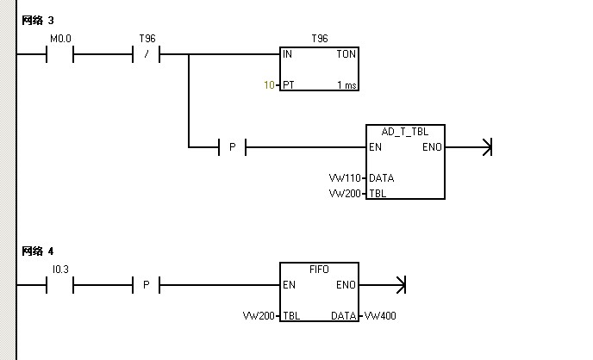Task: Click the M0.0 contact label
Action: click(60, 39)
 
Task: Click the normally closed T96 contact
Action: click(147, 55)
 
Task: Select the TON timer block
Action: click(319, 69)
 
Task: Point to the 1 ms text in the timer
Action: click(346, 85)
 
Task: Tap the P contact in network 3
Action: click(232, 148)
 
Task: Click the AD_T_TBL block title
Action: click(405, 131)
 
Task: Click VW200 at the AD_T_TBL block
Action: click(346, 194)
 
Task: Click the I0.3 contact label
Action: click(60, 270)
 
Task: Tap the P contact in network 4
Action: click(146, 285)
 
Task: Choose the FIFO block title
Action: click(319, 269)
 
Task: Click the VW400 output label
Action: click(380, 316)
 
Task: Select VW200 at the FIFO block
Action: click(259, 316)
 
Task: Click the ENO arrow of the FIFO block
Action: click(399, 285)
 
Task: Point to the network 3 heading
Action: click(38, 20)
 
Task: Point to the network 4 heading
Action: click(38, 251)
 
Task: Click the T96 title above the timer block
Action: click(319, 39)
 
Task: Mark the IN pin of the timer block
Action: click(288, 54)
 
